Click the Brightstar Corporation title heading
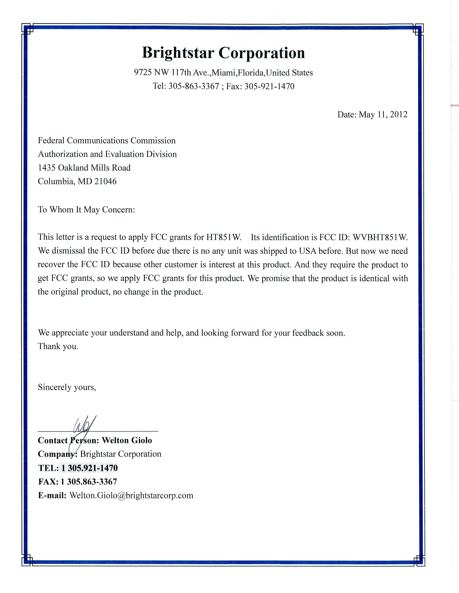(223, 53)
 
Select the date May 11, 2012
(383, 115)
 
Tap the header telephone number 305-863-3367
(194, 86)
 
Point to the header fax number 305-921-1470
(269, 86)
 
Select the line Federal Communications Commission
(107, 141)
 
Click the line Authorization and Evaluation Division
(107, 154)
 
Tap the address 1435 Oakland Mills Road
(84, 168)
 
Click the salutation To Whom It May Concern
(86, 210)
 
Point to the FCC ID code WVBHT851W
(380, 237)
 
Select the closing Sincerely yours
(67, 387)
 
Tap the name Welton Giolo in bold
(127, 440)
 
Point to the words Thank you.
(58, 346)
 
